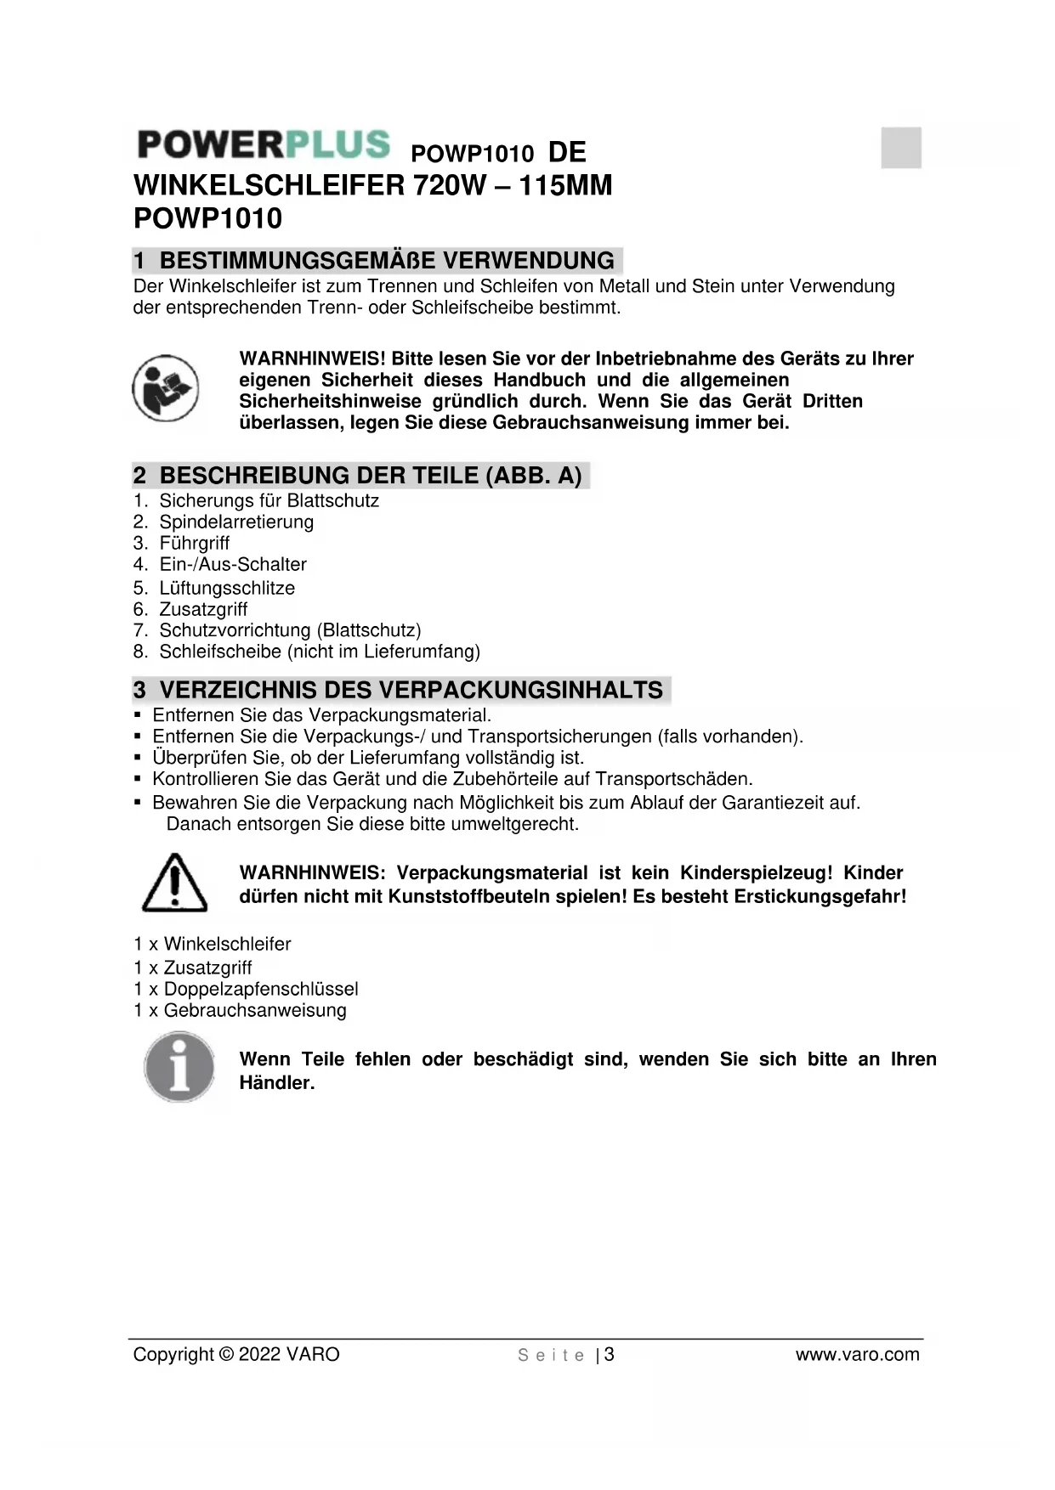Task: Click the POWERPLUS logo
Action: pos(264,144)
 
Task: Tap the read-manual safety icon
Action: pos(166,388)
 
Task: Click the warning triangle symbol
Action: pos(174,883)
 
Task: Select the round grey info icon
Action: pos(179,1067)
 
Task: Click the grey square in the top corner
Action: pos(901,147)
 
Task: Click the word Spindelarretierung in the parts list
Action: pos(236,522)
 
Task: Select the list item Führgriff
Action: pos(194,544)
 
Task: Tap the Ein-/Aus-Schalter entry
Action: pos(232,565)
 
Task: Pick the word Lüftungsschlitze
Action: pos(227,588)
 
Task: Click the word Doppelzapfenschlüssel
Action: pos(261,990)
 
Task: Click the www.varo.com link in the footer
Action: pos(857,1355)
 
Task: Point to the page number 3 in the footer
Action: pos(610,1355)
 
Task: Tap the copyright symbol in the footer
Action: pos(226,1355)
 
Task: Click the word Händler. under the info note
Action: pos(277,1083)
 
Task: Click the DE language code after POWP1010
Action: pos(567,153)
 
